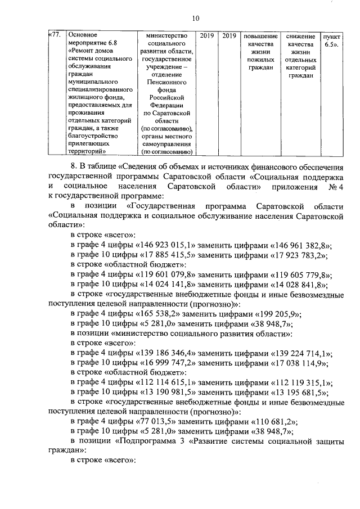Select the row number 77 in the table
(x=55, y=36)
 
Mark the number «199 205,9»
(x=276, y=314)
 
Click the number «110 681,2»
(x=272, y=422)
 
